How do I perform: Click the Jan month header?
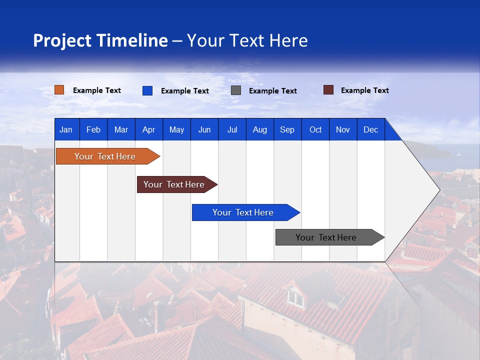coord(66,129)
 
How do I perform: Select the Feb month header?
coord(93,129)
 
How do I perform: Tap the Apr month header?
coord(148,129)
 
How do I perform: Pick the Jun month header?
coord(204,129)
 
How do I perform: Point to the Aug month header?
coord(259,129)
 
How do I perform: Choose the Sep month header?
coord(287,129)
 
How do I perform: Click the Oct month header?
coord(315,129)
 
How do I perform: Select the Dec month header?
coord(370,129)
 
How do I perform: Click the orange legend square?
coord(59,90)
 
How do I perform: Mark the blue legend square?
coord(147,90)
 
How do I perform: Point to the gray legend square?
coord(236,90)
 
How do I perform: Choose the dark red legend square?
coord(328,90)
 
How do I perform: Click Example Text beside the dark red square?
coord(364,90)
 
